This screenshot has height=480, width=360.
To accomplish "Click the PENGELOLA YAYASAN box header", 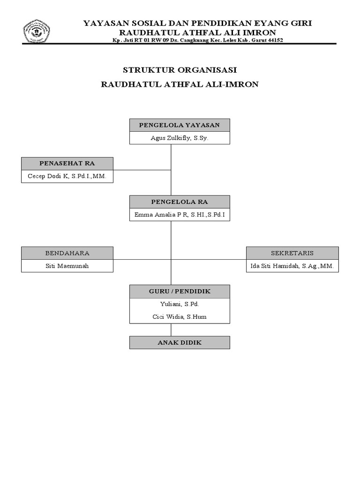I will point(180,125).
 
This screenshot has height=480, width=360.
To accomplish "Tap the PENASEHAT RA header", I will point(67,163).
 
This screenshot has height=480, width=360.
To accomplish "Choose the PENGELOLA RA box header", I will point(180,202).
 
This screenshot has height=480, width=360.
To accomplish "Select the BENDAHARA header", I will point(67,253).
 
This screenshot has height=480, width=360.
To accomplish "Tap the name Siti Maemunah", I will point(67,266).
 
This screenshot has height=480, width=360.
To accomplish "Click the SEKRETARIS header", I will point(292,253).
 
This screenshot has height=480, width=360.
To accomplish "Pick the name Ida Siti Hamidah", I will point(277,266).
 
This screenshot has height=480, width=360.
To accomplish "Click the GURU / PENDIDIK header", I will point(180,291).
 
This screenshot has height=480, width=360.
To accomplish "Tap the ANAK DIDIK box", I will point(180,343).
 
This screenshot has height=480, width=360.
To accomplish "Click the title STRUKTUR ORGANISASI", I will point(180,70).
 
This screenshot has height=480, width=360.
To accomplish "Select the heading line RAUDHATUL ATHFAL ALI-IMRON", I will point(180,85).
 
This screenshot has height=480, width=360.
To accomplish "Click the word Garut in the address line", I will point(255,40).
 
